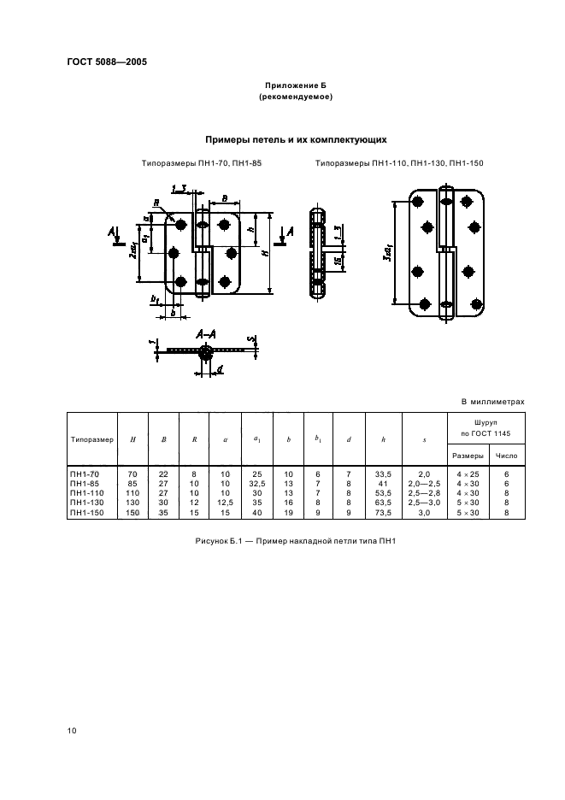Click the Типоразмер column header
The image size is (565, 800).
point(91,439)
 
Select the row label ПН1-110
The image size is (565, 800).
point(85,494)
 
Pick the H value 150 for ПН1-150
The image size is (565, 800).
point(132,512)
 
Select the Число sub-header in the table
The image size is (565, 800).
point(507,456)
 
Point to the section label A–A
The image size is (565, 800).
point(204,336)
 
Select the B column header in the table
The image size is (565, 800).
point(163,439)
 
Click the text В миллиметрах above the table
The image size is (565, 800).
point(492,400)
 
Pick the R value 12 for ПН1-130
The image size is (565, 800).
point(194,503)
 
